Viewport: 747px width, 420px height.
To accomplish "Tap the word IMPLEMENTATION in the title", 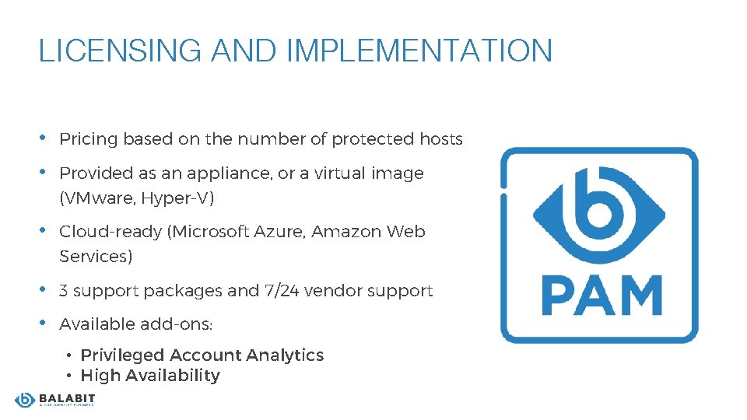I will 419,51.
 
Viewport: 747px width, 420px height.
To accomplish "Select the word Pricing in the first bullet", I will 88,139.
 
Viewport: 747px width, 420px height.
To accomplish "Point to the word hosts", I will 441,139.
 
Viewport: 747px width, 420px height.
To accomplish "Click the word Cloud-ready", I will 111,232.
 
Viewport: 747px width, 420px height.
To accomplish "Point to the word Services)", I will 96,257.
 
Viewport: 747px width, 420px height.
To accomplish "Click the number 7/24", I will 282,291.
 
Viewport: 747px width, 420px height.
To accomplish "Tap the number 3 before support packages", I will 64,291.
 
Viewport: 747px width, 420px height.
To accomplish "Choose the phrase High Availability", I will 150,376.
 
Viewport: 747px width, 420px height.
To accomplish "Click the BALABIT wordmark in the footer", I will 66,398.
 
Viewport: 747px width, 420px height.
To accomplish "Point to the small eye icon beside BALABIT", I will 25,400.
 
